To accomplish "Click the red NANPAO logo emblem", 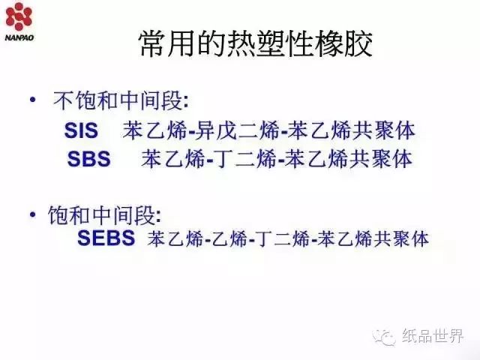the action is click(x=19, y=16).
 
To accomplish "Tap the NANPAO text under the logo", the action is click(x=19, y=38).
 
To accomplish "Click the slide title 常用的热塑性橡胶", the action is click(x=256, y=43).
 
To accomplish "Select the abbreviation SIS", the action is click(x=81, y=130).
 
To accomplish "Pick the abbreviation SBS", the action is click(x=88, y=159).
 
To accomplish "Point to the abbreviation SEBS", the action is click(x=106, y=238).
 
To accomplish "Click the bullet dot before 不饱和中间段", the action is click(x=33, y=100).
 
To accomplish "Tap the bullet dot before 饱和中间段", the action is click(x=33, y=214).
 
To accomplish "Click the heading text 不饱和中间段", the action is click(x=118, y=100).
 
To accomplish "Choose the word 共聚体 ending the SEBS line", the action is click(x=401, y=238).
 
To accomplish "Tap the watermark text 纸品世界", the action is click(x=433, y=337).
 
